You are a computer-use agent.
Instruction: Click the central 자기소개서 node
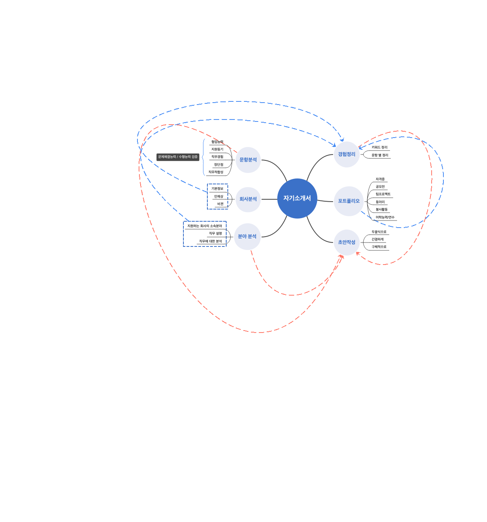click(297, 198)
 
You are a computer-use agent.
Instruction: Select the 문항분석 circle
click(248, 160)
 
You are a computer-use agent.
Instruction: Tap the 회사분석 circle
click(248, 199)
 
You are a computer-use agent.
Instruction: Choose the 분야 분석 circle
click(247, 236)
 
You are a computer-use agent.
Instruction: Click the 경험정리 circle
click(346, 154)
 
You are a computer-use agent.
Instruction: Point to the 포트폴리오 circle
click(349, 201)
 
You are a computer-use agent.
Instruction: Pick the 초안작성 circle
click(346, 242)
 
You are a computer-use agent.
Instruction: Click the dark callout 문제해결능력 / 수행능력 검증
click(178, 157)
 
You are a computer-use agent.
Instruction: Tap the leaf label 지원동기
click(217, 149)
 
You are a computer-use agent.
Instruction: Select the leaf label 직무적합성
click(216, 172)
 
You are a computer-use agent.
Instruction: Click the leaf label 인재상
click(218, 197)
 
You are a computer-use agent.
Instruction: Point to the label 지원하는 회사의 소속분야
click(205, 226)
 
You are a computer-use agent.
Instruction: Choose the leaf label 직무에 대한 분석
click(211, 241)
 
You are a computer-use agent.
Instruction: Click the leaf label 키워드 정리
click(379, 147)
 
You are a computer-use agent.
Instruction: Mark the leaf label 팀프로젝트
click(383, 194)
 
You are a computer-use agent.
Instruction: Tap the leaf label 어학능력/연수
click(385, 217)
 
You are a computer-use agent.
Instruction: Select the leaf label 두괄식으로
click(379, 232)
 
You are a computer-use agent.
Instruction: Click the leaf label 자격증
click(380, 179)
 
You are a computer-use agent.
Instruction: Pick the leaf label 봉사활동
click(381, 210)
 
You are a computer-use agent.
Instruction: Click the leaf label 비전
click(220, 204)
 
